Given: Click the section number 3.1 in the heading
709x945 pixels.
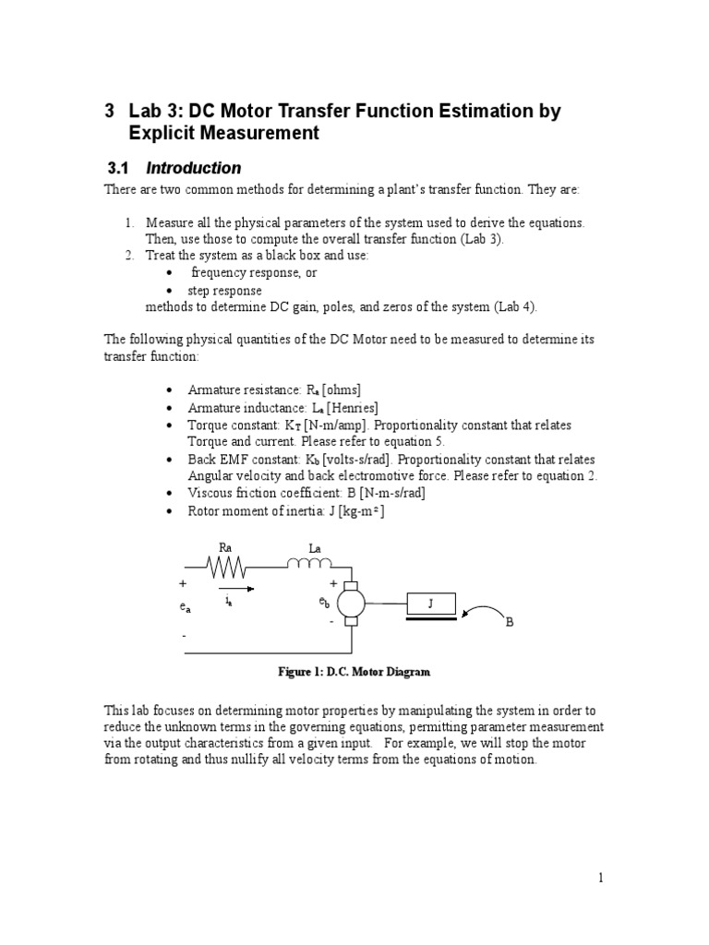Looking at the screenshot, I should point(120,168).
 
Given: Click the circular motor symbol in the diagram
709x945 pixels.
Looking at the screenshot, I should point(351,604).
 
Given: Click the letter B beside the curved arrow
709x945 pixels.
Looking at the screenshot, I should point(508,623).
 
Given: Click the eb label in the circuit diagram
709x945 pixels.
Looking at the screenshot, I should point(324,603).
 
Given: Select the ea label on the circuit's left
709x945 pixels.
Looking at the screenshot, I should point(186,607).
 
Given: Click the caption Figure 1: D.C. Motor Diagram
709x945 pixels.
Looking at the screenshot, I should point(354,672).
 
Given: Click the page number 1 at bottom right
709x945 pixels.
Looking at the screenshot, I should point(600,878).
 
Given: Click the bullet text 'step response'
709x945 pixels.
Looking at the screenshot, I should point(224,290).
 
